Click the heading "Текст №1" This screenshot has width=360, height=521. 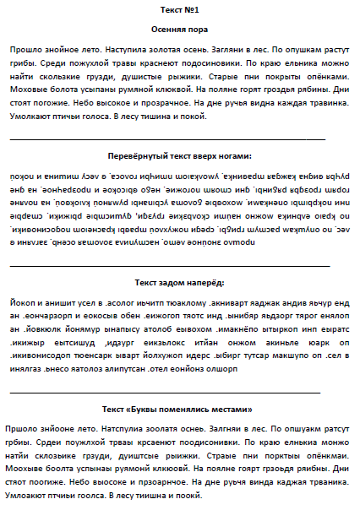(x=179, y=9)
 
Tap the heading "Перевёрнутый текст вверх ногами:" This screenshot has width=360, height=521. (x=179, y=155)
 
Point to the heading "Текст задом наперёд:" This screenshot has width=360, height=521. (x=179, y=282)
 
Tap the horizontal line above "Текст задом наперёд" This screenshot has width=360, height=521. (x=169, y=265)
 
